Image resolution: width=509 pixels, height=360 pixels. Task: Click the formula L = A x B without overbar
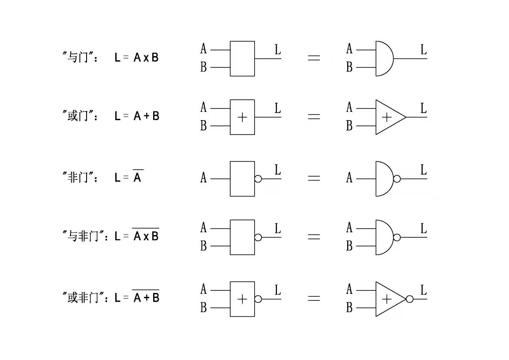137,57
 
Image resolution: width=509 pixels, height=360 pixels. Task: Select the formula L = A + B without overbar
137,116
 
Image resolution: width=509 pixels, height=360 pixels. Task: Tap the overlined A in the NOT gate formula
137,177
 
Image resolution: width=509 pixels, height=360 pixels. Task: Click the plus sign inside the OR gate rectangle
243,118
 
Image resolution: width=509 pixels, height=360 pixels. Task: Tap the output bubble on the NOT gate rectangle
258,179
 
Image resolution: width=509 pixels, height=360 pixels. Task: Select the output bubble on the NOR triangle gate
409,299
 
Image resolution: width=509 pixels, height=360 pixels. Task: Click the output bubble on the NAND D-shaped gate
397,237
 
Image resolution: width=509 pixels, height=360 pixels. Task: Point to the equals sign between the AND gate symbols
314,58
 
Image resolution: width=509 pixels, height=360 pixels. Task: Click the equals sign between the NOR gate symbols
314,299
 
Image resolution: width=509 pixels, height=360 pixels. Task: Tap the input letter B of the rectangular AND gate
203,67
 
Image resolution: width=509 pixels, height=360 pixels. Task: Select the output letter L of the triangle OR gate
423,108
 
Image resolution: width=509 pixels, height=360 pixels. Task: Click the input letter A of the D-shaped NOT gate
349,178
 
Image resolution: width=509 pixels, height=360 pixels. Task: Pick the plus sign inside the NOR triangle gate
386,299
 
